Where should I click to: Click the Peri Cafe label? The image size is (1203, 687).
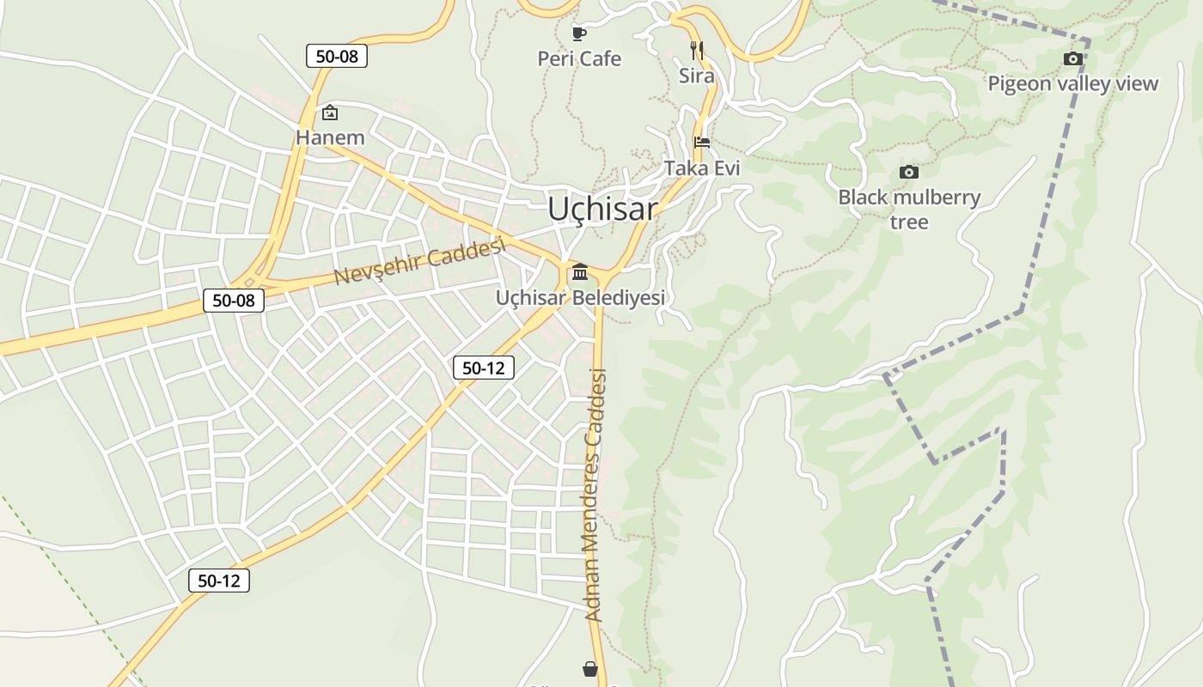[579, 58]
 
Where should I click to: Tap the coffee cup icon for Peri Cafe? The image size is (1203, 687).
[579, 33]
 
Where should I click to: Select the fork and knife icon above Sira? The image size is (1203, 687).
[697, 51]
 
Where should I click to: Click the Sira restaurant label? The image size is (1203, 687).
[697, 76]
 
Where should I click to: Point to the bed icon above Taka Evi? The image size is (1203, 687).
[702, 143]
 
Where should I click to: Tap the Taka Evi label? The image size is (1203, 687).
[702, 167]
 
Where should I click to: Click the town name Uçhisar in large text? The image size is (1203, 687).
[602, 209]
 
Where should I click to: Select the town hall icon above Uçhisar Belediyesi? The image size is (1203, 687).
[580, 272]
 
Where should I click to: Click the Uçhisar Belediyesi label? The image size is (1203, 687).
[580, 298]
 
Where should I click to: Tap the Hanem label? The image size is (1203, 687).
[330, 137]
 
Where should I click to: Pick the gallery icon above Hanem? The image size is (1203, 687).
[329, 112]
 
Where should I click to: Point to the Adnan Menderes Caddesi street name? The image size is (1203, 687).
[595, 495]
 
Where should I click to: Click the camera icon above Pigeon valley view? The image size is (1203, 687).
[1072, 58]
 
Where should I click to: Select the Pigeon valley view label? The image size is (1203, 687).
[1072, 83]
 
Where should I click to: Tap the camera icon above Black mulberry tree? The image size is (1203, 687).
[908, 172]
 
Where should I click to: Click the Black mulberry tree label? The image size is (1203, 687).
[909, 209]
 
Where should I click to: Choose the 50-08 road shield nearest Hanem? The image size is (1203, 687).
[337, 57]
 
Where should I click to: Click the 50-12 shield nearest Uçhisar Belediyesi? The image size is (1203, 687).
[484, 368]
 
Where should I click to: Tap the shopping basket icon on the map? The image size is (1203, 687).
[590, 668]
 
